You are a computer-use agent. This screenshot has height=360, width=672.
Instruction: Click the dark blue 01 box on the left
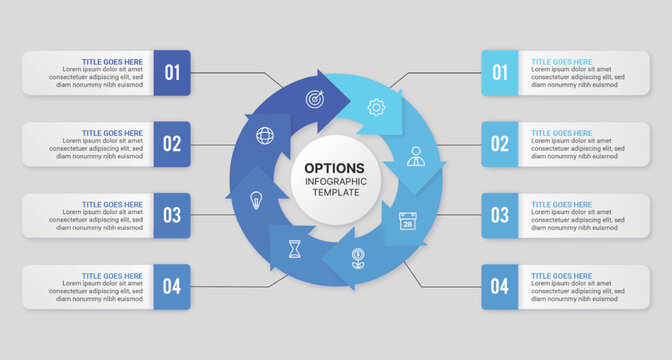[x=172, y=72]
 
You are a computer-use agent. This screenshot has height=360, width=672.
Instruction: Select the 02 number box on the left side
[x=172, y=144]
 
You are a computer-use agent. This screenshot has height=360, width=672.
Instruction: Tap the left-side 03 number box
[x=172, y=215]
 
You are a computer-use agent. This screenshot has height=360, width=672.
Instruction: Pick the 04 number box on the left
[x=172, y=287]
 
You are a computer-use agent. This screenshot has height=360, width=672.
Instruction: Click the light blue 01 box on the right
[x=500, y=72]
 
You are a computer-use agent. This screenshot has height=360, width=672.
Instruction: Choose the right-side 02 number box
[x=500, y=144]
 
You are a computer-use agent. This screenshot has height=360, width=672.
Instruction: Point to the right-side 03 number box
[x=500, y=215]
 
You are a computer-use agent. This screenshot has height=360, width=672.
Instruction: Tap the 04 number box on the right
[x=500, y=287]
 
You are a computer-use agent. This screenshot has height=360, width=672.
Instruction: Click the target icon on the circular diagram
[x=313, y=101]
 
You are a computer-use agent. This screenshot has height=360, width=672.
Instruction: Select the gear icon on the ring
[x=376, y=106]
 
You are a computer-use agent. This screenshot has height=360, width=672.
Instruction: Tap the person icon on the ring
[x=415, y=157]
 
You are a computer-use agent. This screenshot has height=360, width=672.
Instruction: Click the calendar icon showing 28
[x=407, y=221]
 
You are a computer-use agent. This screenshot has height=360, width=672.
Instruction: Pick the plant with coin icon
[x=357, y=258]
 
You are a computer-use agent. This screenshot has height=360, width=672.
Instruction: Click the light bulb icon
[x=255, y=198]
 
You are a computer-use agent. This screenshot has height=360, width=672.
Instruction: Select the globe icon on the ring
[x=264, y=135]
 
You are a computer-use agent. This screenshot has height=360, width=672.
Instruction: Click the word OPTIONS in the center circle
[x=335, y=167]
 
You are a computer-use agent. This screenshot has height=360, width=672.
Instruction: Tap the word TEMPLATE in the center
[x=335, y=192]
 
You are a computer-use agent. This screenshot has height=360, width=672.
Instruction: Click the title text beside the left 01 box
[x=112, y=61]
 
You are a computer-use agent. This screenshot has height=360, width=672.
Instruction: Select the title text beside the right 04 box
[x=561, y=276]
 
